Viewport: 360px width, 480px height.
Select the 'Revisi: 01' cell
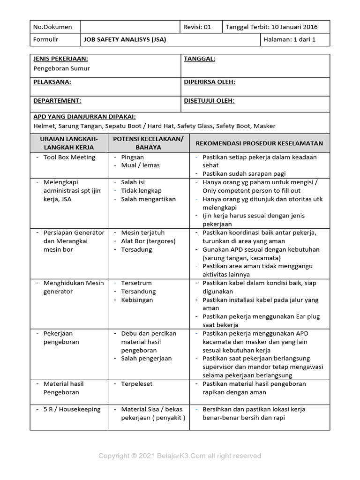[197, 27]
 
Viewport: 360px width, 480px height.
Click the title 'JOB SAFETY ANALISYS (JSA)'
[125, 40]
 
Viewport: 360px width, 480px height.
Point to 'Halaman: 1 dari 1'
[290, 40]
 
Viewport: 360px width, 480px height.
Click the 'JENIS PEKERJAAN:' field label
[61, 59]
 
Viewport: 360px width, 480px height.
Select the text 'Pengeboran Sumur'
[61, 68]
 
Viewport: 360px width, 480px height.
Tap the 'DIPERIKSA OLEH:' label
[210, 82]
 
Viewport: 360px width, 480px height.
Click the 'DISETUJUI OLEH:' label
[209, 101]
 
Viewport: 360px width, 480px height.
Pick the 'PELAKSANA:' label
[52, 82]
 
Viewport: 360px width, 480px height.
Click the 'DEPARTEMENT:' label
[57, 101]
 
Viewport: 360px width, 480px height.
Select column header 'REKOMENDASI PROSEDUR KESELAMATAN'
[259, 143]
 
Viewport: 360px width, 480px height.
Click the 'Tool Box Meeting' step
[69, 157]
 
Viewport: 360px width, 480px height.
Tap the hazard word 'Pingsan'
[133, 157]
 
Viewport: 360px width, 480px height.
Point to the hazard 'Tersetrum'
[135, 283]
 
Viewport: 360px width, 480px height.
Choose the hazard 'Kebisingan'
[137, 300]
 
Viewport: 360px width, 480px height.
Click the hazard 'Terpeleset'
[136, 384]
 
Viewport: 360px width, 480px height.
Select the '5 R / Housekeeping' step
[72, 409]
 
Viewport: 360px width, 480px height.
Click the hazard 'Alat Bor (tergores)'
[148, 241]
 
